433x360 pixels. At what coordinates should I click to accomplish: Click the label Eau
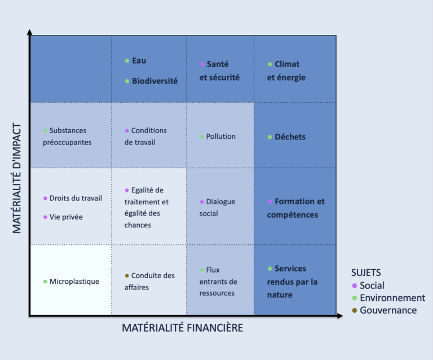(x=139, y=60)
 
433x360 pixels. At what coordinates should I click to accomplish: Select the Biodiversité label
(x=154, y=81)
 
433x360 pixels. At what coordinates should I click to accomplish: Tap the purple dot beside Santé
(x=202, y=65)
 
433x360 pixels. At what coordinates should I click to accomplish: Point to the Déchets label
(x=290, y=137)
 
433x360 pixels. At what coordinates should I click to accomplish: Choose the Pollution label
(x=220, y=137)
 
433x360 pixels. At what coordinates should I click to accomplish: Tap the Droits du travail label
(x=76, y=198)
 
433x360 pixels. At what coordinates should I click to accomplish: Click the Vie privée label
(x=66, y=217)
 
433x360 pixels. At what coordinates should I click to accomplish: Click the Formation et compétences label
(x=295, y=208)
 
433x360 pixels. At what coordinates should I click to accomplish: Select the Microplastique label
(x=74, y=281)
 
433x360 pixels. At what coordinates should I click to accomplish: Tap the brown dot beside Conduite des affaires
(x=127, y=276)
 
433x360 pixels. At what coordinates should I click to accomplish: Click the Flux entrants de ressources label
(x=218, y=282)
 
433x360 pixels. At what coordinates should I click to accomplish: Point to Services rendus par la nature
(x=293, y=282)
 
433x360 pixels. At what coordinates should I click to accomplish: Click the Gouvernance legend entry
(x=388, y=310)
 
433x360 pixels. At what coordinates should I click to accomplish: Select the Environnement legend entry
(x=392, y=298)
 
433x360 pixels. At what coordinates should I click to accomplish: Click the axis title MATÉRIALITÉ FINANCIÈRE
(x=183, y=328)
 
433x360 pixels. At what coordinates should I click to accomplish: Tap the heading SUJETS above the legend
(x=366, y=273)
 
